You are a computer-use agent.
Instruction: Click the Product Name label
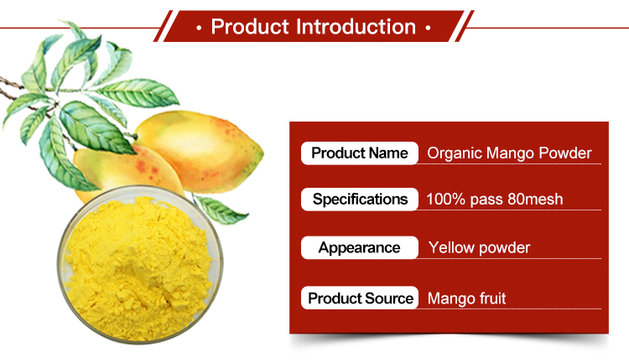coord(359,153)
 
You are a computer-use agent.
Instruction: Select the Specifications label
coord(359,199)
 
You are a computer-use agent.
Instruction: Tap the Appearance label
coord(359,247)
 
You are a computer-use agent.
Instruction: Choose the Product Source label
coord(359,298)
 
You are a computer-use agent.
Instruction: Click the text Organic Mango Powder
coord(509,153)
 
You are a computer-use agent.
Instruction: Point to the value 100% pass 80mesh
coord(494,200)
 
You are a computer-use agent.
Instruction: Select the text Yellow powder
coord(479,248)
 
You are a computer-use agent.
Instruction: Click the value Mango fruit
coord(466,298)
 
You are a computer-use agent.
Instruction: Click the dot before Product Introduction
coord(198,28)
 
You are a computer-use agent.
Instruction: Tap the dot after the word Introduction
coord(428,28)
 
